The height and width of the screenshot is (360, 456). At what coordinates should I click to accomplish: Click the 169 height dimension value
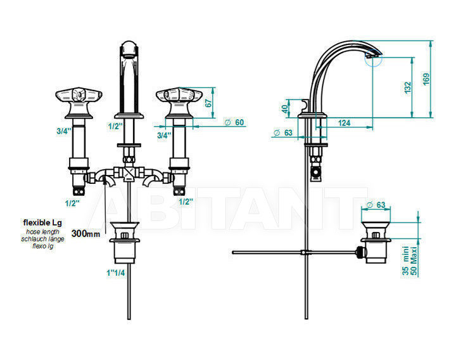(426, 79)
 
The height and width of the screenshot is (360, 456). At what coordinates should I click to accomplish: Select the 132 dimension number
(408, 87)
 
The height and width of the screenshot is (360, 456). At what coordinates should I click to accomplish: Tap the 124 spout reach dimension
(344, 123)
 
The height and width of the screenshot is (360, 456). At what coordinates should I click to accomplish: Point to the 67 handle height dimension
(208, 103)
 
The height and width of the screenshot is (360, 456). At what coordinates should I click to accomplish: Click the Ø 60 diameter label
(234, 122)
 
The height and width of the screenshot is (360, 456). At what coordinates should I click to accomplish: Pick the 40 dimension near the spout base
(285, 109)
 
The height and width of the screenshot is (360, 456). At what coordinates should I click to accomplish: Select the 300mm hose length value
(85, 233)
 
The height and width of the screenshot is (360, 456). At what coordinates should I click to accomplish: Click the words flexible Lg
(42, 223)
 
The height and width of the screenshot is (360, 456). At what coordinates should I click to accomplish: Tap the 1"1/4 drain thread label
(116, 273)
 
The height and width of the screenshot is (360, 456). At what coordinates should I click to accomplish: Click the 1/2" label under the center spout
(115, 126)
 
